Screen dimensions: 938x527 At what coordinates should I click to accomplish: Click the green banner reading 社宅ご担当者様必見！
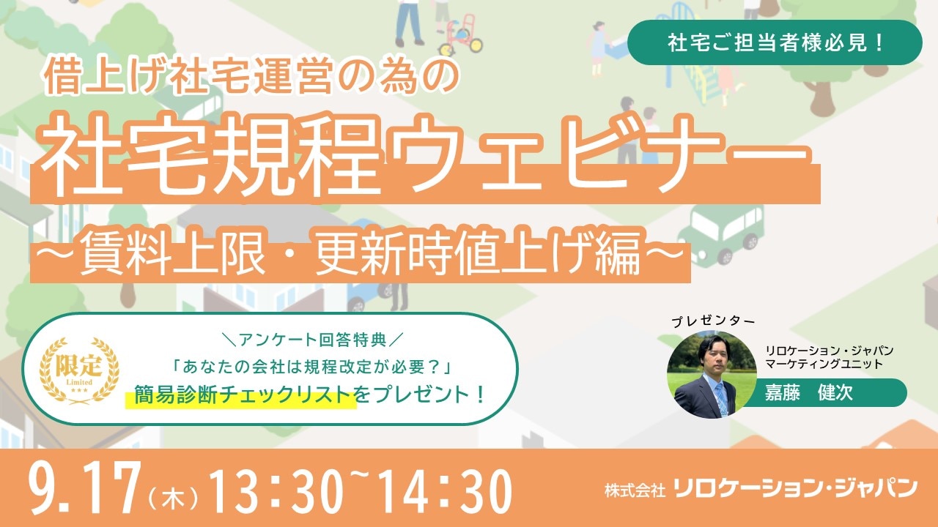[x=775, y=42]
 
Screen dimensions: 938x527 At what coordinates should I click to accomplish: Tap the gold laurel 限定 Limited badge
[x=79, y=370]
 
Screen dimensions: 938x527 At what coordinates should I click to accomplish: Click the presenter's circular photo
[x=712, y=374]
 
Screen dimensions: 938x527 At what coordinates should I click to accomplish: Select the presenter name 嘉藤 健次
[x=808, y=393]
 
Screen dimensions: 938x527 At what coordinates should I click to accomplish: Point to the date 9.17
[x=84, y=488]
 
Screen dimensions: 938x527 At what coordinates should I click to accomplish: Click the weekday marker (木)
[x=173, y=499]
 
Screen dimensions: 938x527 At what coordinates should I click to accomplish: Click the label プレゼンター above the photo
[x=713, y=321]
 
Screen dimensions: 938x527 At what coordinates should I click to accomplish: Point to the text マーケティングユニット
[x=824, y=364]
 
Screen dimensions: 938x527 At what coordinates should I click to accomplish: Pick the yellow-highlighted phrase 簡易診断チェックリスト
[x=243, y=395]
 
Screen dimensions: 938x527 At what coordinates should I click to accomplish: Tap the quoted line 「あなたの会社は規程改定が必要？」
[x=312, y=367]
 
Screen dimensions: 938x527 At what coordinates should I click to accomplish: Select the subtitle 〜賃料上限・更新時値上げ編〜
[x=359, y=253]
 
